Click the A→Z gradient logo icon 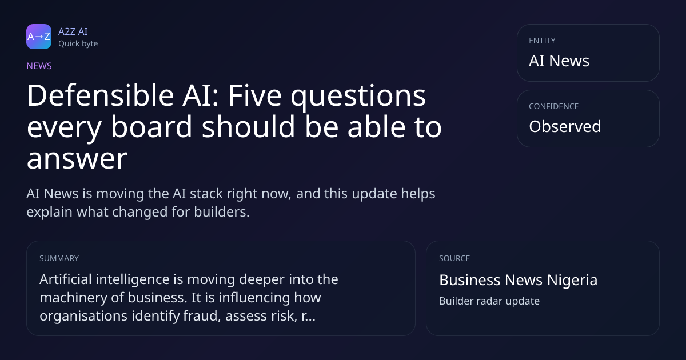pos(39,37)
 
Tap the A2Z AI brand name pos(73,31)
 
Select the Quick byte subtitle pos(78,44)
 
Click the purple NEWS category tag pos(39,66)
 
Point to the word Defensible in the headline pos(101,95)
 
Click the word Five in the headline pos(255,95)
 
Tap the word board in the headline pos(151,127)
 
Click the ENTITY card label pos(542,41)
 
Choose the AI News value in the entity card pos(559,61)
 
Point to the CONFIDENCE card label pos(554,106)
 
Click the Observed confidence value pos(565,126)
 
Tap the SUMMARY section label pos(59,258)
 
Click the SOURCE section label pos(454,258)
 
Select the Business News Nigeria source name pos(518,280)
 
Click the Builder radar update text pos(489,301)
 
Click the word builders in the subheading pos(222,212)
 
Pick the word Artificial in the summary pos(66,279)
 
